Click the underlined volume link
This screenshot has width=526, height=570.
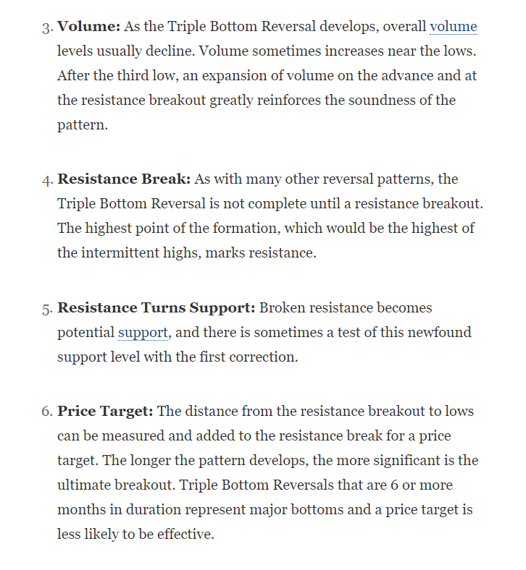(454, 27)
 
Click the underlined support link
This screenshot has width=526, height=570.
(142, 333)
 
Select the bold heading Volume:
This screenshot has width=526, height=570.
(88, 27)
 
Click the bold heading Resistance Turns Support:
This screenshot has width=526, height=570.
(156, 308)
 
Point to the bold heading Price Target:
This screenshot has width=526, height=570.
(105, 412)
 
